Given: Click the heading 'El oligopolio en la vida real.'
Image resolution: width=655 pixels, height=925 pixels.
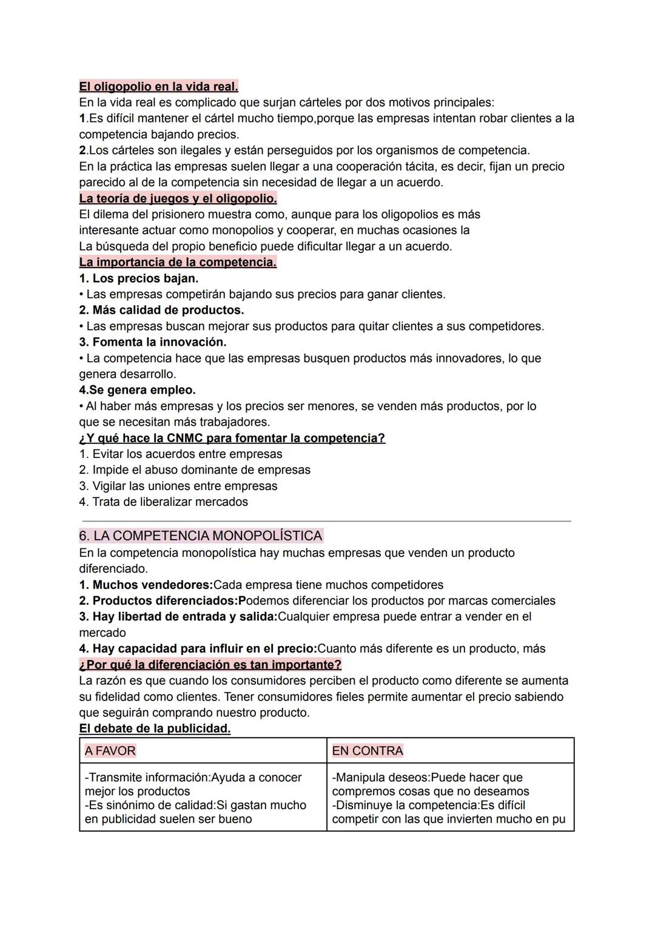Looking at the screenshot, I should pyautogui.click(x=158, y=86).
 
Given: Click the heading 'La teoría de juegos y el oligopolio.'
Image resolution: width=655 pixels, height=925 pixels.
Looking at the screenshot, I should pyautogui.click(x=178, y=198).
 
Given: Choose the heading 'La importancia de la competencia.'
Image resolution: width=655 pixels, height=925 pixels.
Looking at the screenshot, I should pyautogui.click(x=178, y=262).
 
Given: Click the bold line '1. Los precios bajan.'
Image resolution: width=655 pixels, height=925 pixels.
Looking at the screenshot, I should pyautogui.click(x=139, y=278).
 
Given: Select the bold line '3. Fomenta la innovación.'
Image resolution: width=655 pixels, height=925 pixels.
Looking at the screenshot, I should pyautogui.click(x=153, y=342).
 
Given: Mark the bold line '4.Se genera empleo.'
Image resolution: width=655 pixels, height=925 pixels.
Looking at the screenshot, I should pyautogui.click(x=137, y=390).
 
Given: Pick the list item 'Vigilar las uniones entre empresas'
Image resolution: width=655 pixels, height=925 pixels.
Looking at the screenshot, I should pyautogui.click(x=184, y=486).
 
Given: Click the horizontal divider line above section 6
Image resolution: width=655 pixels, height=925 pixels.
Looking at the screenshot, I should pyautogui.click(x=326, y=520).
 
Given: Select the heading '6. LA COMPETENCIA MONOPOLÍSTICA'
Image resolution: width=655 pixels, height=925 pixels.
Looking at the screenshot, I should pyautogui.click(x=201, y=536).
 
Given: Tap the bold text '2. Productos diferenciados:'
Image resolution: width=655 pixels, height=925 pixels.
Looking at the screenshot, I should pyautogui.click(x=161, y=600).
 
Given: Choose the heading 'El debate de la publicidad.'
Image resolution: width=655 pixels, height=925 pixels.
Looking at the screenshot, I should pyautogui.click(x=155, y=728).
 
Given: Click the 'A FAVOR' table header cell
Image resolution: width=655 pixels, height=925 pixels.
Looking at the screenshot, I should pyautogui.click(x=203, y=751).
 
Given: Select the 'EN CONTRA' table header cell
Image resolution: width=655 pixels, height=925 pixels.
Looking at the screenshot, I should pyautogui.click(x=450, y=751).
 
